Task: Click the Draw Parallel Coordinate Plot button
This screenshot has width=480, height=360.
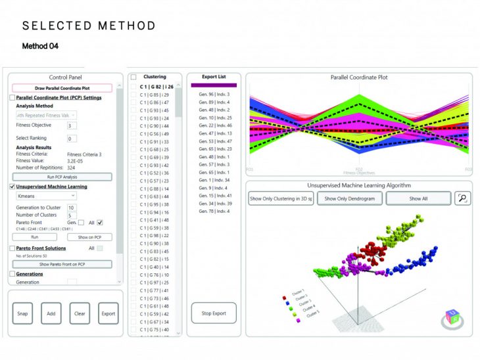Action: pos(62,88)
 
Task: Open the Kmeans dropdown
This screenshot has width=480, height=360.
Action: pos(45,196)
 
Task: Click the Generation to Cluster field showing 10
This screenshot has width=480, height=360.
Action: pos(72,208)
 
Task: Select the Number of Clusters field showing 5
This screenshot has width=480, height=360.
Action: pos(72,215)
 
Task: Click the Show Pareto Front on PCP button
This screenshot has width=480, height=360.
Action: pos(62,264)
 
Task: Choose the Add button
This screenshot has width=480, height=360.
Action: pos(51,313)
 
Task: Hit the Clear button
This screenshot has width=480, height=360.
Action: pos(80,313)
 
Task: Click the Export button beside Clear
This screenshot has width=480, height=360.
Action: pos(108,313)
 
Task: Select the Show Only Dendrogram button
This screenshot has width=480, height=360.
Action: pos(349,198)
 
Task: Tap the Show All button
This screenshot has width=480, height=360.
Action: pos(418,198)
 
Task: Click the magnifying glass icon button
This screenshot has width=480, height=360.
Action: pos(462,198)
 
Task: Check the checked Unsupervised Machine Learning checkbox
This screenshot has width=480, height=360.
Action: pos(12,187)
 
